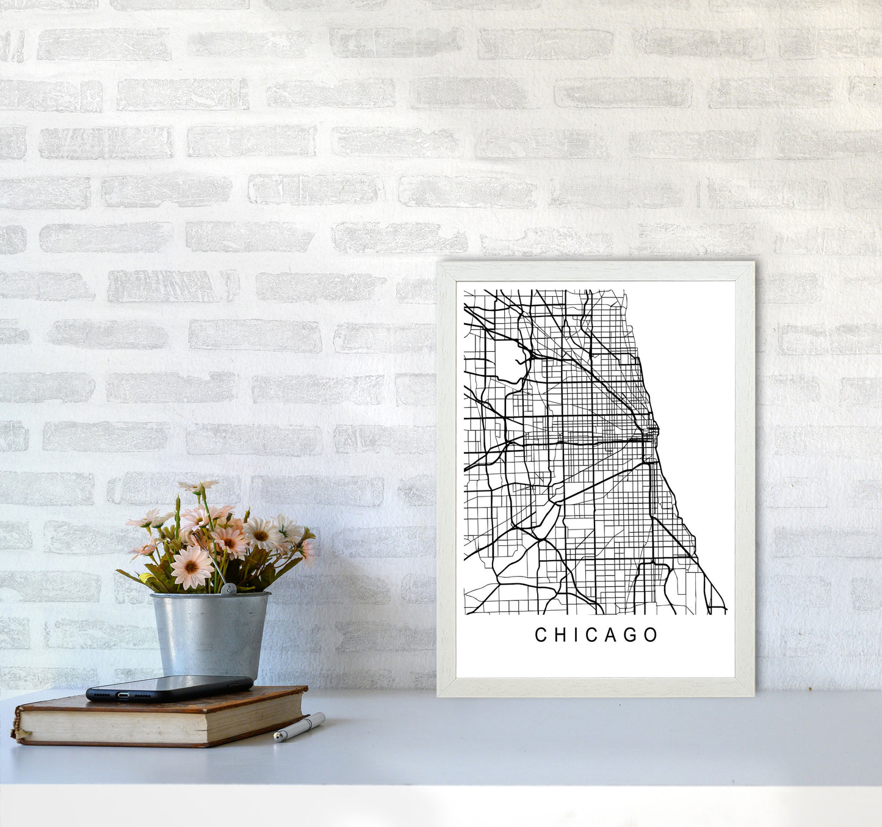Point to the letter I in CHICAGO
[573, 635]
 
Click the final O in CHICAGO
[651, 635]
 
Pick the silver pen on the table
[299, 727]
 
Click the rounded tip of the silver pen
[277, 738]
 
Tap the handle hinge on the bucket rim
[228, 589]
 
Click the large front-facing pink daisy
[191, 567]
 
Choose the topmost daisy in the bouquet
[199, 486]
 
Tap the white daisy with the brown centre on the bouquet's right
[263, 533]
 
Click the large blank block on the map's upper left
[508, 361]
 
